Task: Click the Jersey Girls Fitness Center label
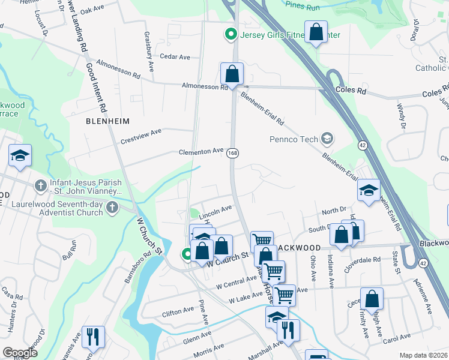click(290, 35)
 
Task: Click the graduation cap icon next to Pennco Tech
click(327, 139)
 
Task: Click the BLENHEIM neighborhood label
click(108, 121)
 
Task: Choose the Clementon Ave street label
click(201, 152)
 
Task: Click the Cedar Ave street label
click(175, 57)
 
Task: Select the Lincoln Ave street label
click(215, 210)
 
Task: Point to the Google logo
click(20, 353)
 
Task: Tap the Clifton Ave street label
click(178, 310)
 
